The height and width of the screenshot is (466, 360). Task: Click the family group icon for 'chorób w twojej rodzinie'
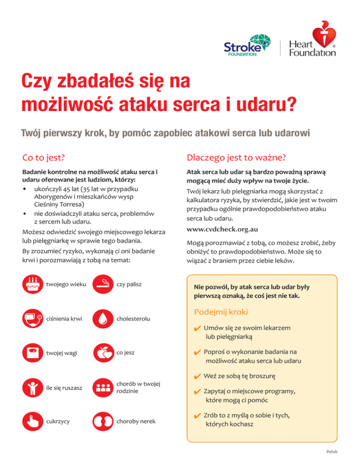(102, 387)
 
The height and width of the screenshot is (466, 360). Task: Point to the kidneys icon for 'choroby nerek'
(102, 421)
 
